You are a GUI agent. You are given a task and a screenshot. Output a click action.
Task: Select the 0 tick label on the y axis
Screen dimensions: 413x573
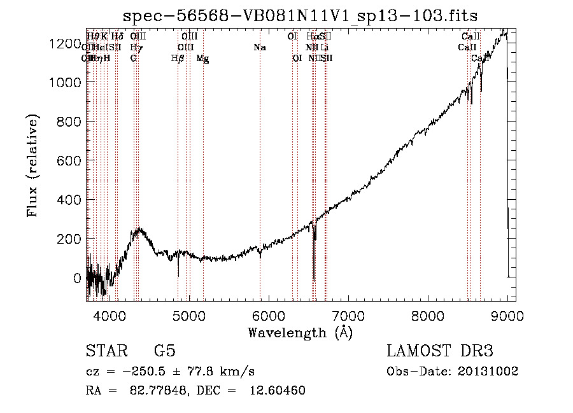click(x=78, y=278)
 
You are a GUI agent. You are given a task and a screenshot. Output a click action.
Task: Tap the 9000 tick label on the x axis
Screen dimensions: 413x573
click(x=507, y=315)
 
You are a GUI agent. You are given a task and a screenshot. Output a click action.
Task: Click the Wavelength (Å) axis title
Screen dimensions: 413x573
click(x=300, y=332)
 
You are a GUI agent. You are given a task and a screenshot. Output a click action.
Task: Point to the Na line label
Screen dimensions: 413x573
click(x=260, y=47)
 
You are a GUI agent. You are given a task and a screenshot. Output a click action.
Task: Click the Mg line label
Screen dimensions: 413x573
click(x=202, y=59)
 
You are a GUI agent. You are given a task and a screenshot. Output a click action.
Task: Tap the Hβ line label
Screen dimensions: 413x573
click(x=178, y=59)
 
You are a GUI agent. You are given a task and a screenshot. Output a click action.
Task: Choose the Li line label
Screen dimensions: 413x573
click(x=325, y=47)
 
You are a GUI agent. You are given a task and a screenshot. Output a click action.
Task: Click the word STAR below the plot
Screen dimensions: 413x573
click(x=106, y=351)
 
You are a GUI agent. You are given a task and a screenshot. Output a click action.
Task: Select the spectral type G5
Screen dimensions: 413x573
click(x=165, y=351)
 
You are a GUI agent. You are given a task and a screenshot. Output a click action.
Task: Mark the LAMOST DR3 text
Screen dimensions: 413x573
click(x=440, y=351)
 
